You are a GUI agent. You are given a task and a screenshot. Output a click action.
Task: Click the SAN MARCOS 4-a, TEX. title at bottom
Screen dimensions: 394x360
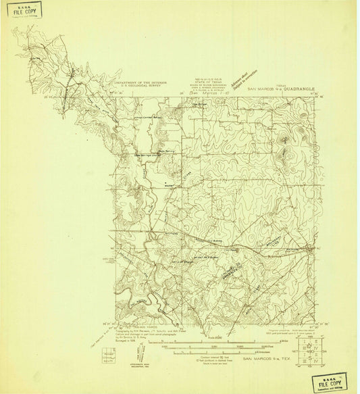265,358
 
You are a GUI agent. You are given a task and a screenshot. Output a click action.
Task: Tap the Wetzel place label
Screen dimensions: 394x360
169,184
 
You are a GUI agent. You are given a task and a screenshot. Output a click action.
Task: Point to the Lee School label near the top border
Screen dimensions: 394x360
198,103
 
